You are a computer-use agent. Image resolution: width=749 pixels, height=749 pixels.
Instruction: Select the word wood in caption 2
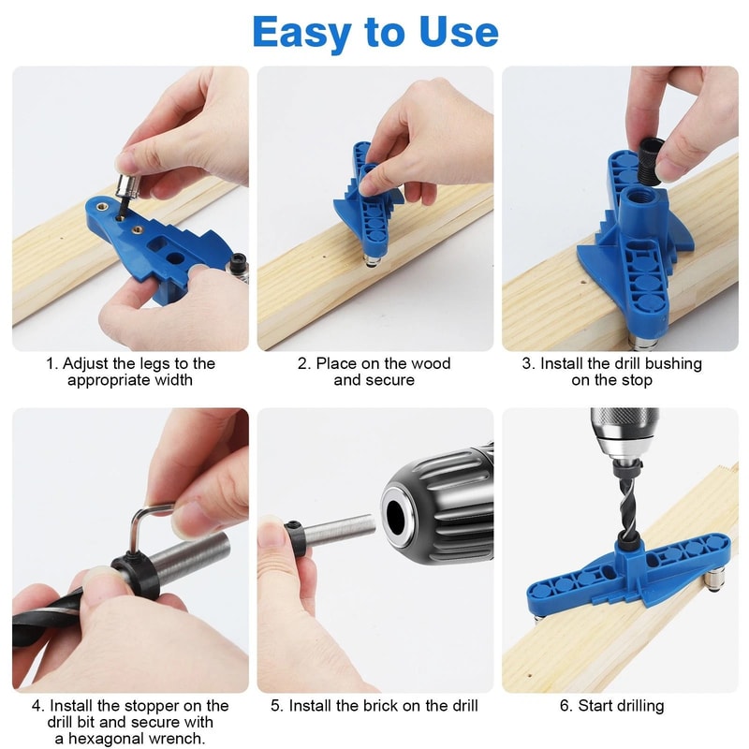coord(432,363)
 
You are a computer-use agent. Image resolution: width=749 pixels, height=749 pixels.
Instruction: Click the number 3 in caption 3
coord(527,363)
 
